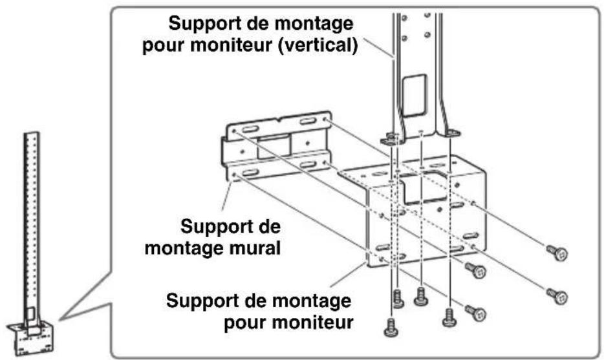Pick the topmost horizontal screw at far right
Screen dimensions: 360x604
point(557,251)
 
